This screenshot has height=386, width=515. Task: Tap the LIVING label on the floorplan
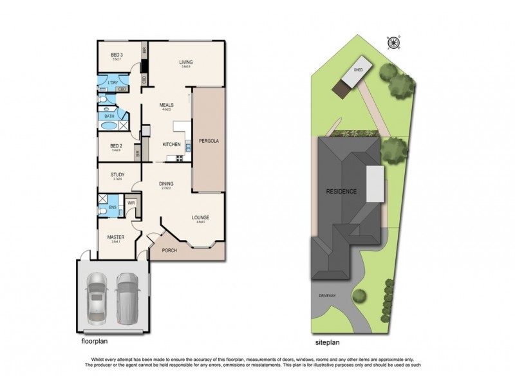[186, 62]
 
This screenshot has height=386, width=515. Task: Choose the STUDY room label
[117, 174]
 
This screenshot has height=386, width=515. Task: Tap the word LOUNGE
[200, 218]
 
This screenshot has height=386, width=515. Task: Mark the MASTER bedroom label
[116, 237]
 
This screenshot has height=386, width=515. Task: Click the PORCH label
[169, 250]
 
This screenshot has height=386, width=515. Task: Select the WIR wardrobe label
[131, 203]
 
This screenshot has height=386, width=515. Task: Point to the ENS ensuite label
[113, 207]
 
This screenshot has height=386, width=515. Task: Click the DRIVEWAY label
[326, 295]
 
